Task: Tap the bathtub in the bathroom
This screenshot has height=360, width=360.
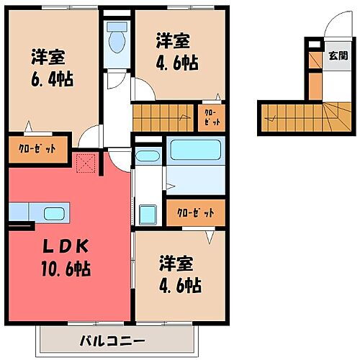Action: click(194, 153)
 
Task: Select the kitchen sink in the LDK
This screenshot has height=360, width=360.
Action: click(53, 213)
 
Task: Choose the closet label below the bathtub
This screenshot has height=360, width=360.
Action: click(194, 213)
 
